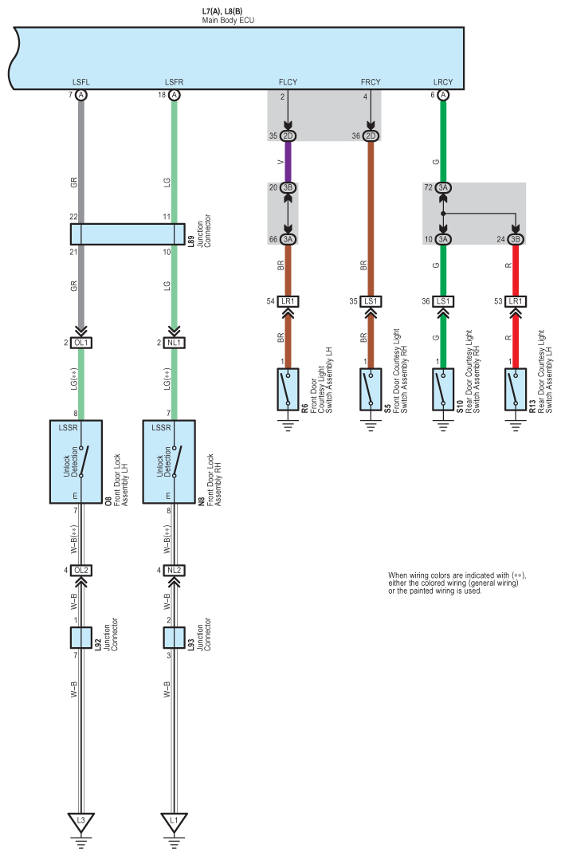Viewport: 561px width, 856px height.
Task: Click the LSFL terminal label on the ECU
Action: [x=80, y=82]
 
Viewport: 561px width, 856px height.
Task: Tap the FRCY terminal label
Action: [x=371, y=82]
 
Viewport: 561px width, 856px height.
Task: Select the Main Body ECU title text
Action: [x=228, y=20]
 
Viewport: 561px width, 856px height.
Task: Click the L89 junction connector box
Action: [x=127, y=234]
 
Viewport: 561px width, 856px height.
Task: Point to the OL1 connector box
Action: [x=81, y=343]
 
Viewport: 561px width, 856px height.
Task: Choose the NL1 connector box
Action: [x=174, y=343]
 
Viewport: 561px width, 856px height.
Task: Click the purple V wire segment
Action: [x=288, y=162]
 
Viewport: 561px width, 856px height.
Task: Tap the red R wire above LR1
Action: [x=516, y=270]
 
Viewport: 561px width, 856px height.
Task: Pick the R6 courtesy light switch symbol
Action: [x=288, y=389]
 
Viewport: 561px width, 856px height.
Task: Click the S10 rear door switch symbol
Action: [x=443, y=389]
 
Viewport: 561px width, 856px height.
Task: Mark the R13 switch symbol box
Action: [x=516, y=389]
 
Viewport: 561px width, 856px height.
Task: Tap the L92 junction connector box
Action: [x=81, y=638]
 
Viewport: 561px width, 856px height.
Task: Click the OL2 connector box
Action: [x=81, y=571]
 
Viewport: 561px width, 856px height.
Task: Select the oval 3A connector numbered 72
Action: [x=443, y=187]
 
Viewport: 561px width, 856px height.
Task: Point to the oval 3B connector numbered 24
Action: [x=516, y=239]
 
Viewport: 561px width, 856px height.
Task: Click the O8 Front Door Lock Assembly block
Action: [x=76, y=461]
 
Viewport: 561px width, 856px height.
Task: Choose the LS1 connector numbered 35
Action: [x=371, y=301]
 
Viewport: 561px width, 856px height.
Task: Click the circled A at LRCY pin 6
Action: [x=443, y=95]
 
